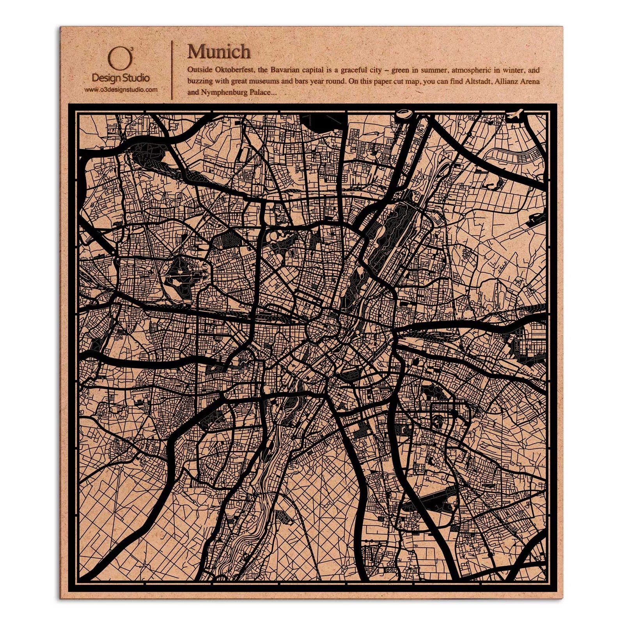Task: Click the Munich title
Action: point(218,51)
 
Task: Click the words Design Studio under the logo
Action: point(121,78)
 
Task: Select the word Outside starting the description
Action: point(199,71)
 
